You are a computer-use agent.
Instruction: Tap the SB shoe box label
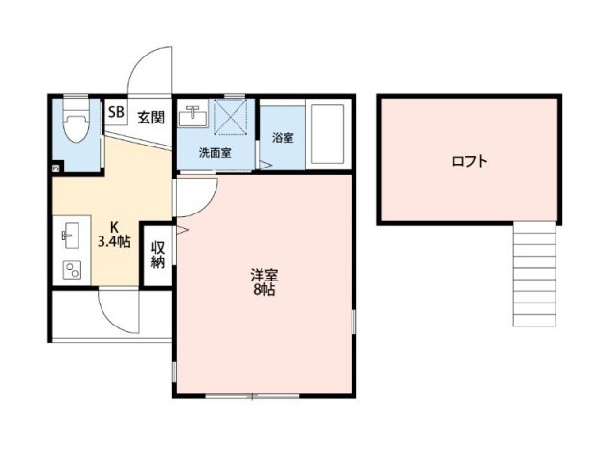[115, 113]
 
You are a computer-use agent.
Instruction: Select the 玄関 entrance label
[149, 118]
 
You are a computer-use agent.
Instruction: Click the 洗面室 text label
[214, 153]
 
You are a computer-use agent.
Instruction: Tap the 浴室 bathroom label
[282, 138]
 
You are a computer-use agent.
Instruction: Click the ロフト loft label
[468, 161]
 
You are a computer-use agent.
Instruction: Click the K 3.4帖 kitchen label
[113, 236]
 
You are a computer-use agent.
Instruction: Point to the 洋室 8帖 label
[262, 281]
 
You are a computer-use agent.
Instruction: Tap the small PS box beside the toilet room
[56, 168]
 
